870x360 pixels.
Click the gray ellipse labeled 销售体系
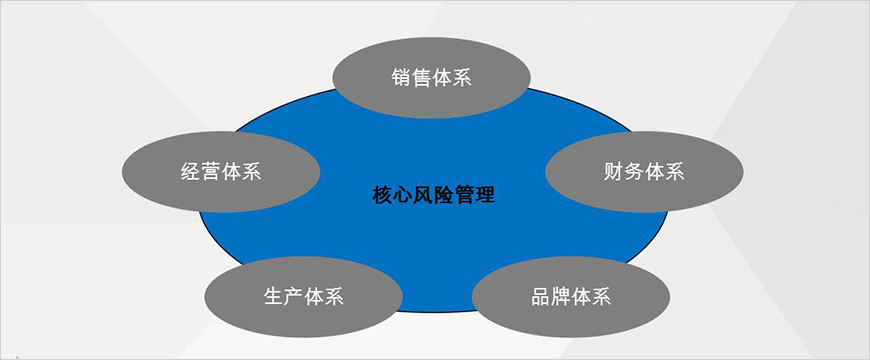[x=431, y=77]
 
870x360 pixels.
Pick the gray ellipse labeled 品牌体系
[x=570, y=297]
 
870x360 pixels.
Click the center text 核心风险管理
[x=432, y=193]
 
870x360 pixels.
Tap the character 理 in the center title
[x=485, y=193]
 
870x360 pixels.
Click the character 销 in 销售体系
[x=402, y=78]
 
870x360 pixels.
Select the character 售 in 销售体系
[x=422, y=78]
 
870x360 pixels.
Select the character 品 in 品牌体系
[x=541, y=298]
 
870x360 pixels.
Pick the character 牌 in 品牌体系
[x=561, y=298]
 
